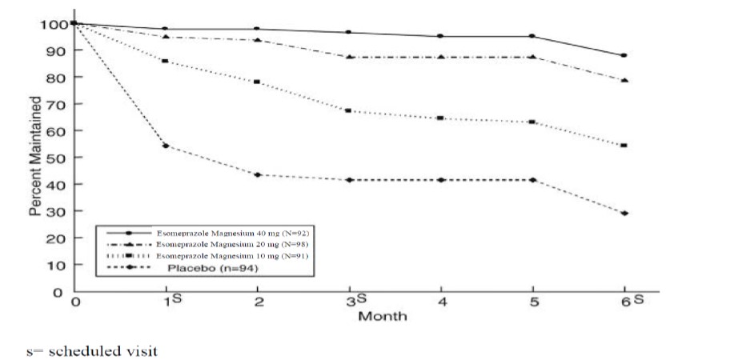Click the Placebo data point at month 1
tap(165, 146)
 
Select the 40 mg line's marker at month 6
tap(624, 56)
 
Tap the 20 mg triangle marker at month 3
tap(349, 58)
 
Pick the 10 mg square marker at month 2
tap(257, 82)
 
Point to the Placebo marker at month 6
tap(624, 214)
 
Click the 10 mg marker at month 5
tap(532, 122)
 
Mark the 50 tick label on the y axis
tap(58, 158)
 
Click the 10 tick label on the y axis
tap(58, 265)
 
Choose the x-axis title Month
tap(382, 316)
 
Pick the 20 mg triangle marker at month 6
tap(624, 81)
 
